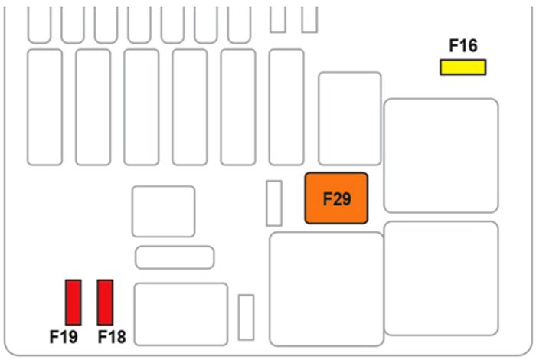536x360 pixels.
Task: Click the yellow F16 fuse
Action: pos(462,67)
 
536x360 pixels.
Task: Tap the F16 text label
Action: pos(462,46)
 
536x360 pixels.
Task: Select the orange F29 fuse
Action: pos(336,198)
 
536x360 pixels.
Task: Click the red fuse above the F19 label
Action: pos(74,302)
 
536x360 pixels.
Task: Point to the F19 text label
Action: pos(64,336)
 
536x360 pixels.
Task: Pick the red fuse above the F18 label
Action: pos(106,302)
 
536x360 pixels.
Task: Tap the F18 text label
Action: pos(112,336)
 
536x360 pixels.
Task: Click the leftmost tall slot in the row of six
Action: pos(44,106)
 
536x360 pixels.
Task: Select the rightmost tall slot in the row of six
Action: pos(286,106)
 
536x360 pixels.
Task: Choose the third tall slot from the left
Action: pos(141,106)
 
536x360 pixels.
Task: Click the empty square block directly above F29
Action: pos(349,119)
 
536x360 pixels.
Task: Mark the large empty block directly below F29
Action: pos(326,289)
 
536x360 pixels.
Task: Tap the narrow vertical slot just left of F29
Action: pos(273,203)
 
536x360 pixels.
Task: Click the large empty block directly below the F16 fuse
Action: pos(441,155)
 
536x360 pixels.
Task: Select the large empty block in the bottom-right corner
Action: pos(441,278)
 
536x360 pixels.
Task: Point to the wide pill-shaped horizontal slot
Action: pos(175,257)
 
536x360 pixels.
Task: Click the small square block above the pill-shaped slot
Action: pos(163,211)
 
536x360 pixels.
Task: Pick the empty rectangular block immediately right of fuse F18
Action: pos(181,314)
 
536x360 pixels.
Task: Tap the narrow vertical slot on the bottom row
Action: pos(246,317)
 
